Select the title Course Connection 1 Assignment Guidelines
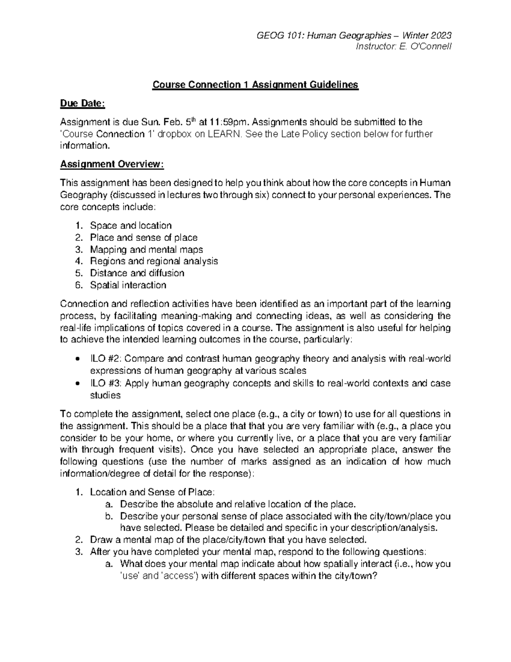pos(255,85)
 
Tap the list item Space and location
pos(131,225)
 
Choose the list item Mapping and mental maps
pos(146,249)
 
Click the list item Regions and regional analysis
pos(154,261)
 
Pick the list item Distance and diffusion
pos(137,273)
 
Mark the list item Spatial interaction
pos(128,285)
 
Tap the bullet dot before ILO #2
pos(77,359)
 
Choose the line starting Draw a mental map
pos(228,540)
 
